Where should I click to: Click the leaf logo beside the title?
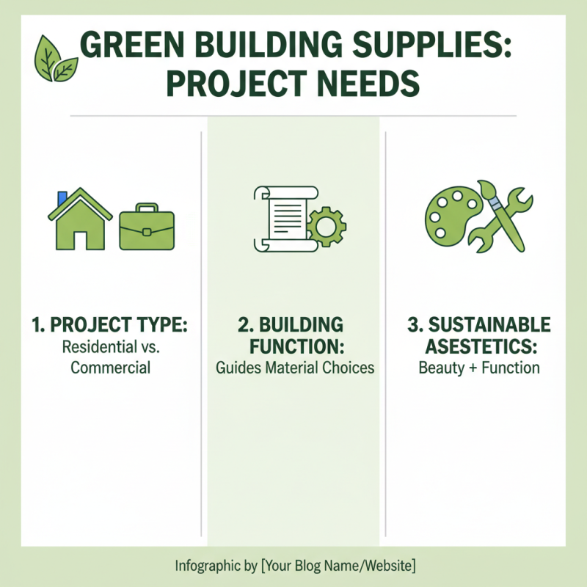[56, 59]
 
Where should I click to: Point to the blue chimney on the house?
[62, 198]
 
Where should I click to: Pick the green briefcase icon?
[147, 227]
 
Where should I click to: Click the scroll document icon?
[282, 218]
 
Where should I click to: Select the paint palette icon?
[448, 214]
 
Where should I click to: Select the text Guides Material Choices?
[295, 368]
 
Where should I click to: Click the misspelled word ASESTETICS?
[478, 346]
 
